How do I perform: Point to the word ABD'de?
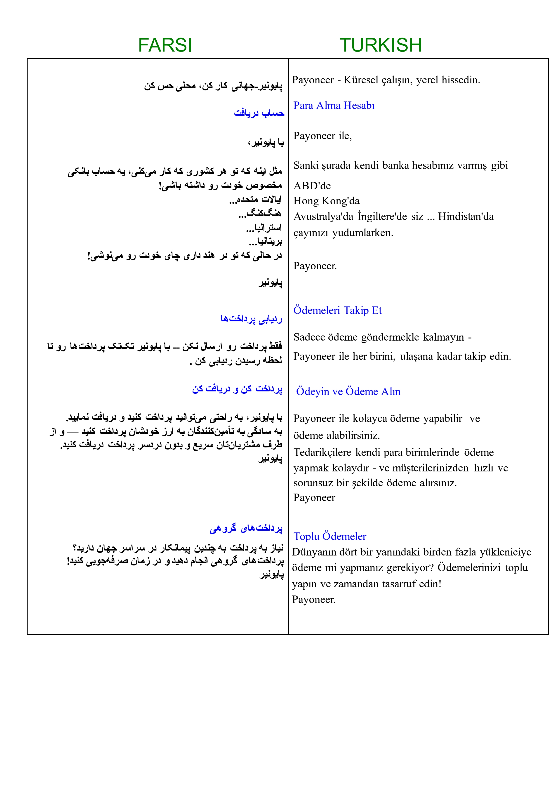[x=312, y=186]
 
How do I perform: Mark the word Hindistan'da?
[x=466, y=216]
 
